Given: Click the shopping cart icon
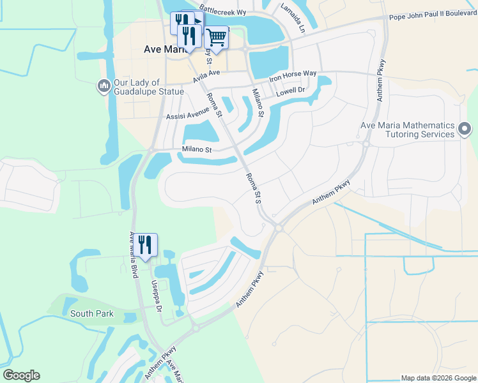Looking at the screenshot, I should (x=217, y=38).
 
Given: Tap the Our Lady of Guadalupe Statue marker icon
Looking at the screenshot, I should (x=104, y=86).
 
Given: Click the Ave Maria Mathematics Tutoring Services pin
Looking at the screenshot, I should (x=465, y=130).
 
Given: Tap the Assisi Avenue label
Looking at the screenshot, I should (x=187, y=113).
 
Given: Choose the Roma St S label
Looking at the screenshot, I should (x=254, y=187).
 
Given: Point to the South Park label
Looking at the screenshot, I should (x=91, y=313).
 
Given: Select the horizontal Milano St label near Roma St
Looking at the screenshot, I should (x=196, y=149).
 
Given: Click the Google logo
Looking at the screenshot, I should (x=21, y=375).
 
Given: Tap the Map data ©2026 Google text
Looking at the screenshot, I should (x=438, y=378).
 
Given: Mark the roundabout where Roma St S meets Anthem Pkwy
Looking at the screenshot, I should (x=279, y=227).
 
